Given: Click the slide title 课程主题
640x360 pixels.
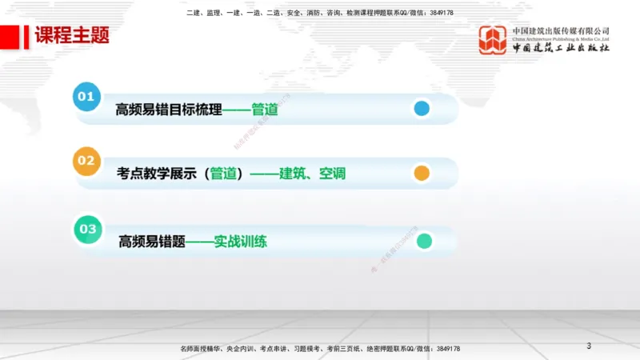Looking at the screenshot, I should tap(71, 36).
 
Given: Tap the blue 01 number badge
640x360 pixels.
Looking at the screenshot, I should tap(86, 97).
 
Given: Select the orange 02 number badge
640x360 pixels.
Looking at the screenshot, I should tap(86, 161).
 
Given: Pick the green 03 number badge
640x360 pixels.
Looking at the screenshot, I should tap(86, 229).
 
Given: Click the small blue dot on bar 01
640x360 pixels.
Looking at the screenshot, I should tap(422, 109).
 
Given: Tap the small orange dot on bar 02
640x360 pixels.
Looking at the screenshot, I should tap(422, 173).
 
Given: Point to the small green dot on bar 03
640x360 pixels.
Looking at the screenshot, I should tap(424, 240).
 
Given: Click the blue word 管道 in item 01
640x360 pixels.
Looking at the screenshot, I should tap(264, 109).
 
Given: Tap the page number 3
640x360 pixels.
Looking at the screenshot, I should tap(589, 346).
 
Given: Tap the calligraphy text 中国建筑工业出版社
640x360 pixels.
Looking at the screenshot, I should tap(561, 48).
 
